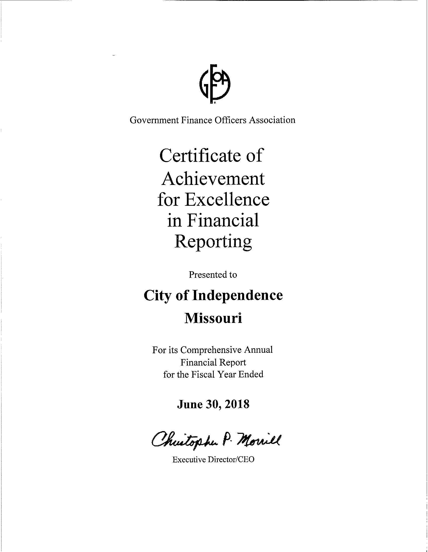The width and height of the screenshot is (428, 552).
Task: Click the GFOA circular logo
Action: pyautogui.click(x=215, y=84)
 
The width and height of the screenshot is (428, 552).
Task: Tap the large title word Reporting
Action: pyautogui.click(x=213, y=241)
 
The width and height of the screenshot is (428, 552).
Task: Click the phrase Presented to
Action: pyautogui.click(x=213, y=274)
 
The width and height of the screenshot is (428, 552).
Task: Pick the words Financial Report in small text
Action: pyautogui.click(x=213, y=363)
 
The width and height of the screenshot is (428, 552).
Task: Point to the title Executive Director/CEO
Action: pyautogui.click(x=213, y=459)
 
